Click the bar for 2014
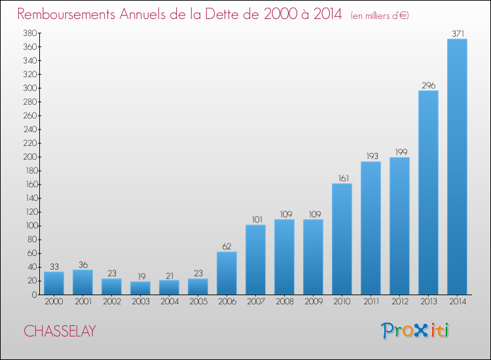tap(457, 167)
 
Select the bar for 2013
tap(428, 192)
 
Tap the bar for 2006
tap(227, 273)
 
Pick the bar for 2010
tap(342, 239)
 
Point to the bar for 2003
tap(140, 288)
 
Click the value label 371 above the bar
tap(457, 33)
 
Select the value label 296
tap(428, 85)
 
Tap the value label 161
tap(342, 178)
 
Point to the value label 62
tap(227, 246)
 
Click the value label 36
tap(82, 264)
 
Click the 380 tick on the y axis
tap(28, 33)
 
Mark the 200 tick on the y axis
tap(28, 157)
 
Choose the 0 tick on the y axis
tap(33, 295)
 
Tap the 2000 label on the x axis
tap(54, 303)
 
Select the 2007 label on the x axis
tap(255, 303)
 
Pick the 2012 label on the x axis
tap(399, 303)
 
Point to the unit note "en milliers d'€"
tap(380, 15)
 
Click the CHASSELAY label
tap(60, 332)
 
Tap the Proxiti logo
tap(415, 331)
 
